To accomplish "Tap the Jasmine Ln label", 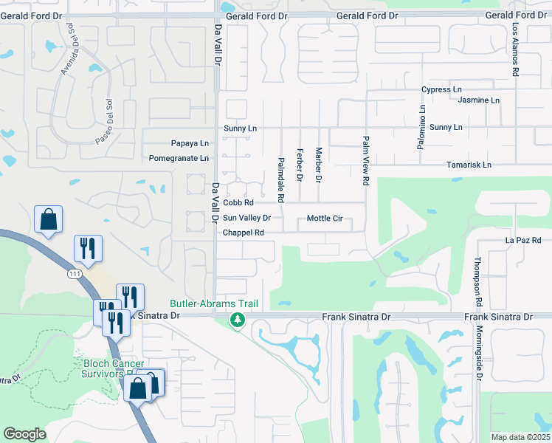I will (479, 100).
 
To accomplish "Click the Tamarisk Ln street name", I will (469, 165).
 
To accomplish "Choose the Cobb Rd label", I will (238, 203).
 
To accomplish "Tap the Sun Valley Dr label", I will (247, 219).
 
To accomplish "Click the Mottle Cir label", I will (325, 219).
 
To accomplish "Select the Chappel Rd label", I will (244, 233).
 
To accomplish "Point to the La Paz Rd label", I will (523, 241).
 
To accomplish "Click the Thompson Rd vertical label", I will (478, 282).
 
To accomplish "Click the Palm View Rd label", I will (365, 159).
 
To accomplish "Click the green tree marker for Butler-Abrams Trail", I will (237, 320).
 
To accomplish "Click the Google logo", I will (24, 434).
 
